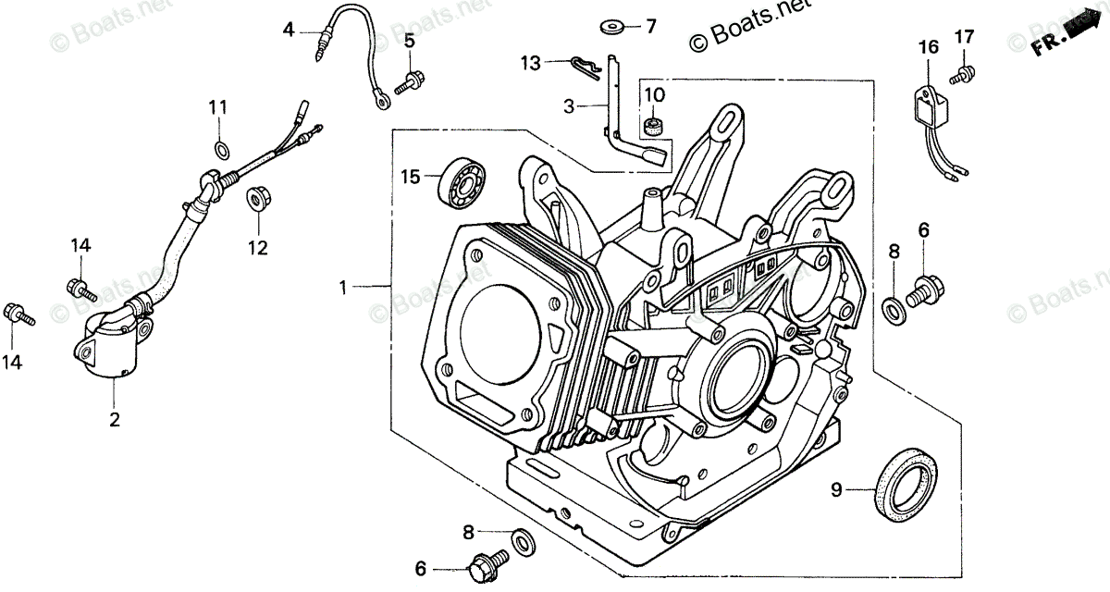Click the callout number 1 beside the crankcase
343,289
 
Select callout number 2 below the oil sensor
115,419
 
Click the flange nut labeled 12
256,200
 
